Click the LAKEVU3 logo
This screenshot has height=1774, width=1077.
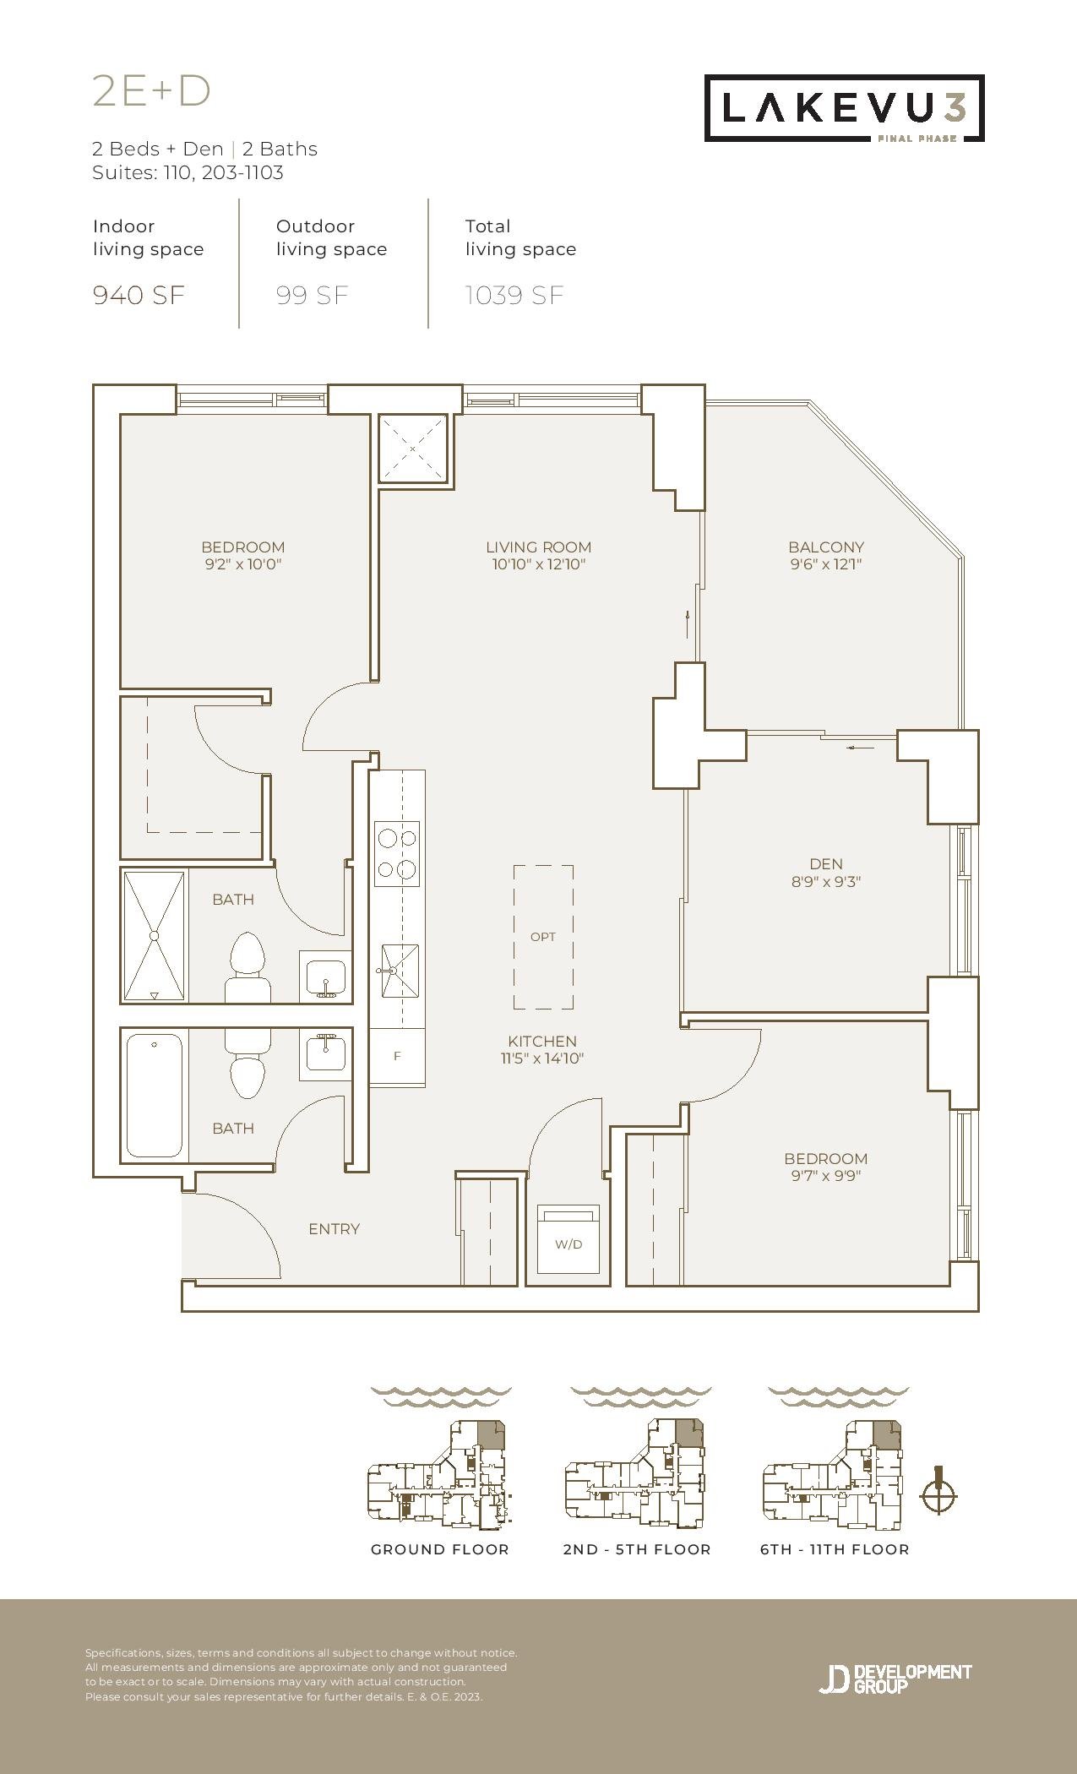[x=845, y=108]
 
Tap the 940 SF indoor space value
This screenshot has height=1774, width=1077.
[x=139, y=296]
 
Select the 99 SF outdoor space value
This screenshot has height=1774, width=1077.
[x=312, y=296]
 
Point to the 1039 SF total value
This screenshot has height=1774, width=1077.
[x=514, y=296]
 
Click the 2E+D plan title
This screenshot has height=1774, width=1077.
[x=151, y=91]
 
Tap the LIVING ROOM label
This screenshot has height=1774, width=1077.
[x=539, y=547]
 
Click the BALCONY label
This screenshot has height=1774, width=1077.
[x=826, y=547]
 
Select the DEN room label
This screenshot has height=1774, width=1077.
[x=826, y=864]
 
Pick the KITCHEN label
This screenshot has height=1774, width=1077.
[x=542, y=1042]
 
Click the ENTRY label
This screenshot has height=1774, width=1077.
[x=335, y=1229]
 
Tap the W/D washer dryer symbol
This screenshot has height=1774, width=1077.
[x=568, y=1238]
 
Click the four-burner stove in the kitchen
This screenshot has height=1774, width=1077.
[x=398, y=853]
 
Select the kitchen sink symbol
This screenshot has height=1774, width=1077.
[x=399, y=971]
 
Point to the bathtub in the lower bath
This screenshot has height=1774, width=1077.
[x=154, y=1096]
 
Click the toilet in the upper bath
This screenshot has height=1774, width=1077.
[x=247, y=967]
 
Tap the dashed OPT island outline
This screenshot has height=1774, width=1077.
[x=543, y=937]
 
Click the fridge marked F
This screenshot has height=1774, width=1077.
[x=397, y=1056]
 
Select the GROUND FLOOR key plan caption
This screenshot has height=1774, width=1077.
[x=440, y=1549]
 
